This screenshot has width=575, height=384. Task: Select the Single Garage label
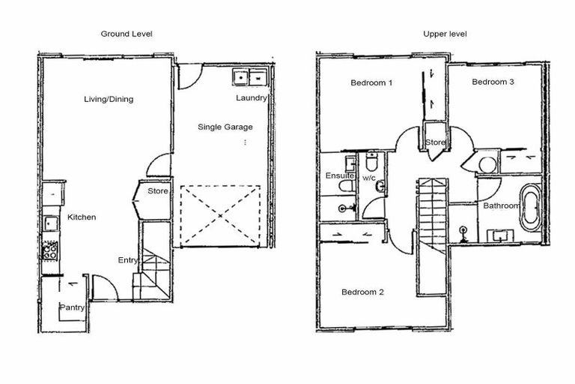pyautogui.click(x=225, y=127)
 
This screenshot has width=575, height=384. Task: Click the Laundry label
pyautogui.click(x=251, y=98)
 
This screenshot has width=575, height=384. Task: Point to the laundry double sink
pyautogui.click(x=250, y=76)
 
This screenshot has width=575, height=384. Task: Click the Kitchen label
pyautogui.click(x=82, y=217)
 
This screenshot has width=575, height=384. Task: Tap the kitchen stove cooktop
pyautogui.click(x=51, y=250)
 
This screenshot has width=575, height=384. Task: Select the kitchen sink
pyautogui.click(x=50, y=223)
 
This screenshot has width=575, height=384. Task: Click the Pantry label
pyautogui.click(x=72, y=307)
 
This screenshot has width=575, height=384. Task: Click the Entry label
pyautogui.click(x=127, y=260)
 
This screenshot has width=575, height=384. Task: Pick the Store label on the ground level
pyautogui.click(x=157, y=191)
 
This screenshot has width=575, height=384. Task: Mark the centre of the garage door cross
pyautogui.click(x=220, y=215)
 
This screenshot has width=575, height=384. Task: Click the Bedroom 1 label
pyautogui.click(x=371, y=82)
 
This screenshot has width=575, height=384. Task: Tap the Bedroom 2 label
pyautogui.click(x=362, y=292)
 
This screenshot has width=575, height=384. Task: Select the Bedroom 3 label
pyautogui.click(x=493, y=82)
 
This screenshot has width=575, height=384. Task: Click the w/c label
pyautogui.click(x=368, y=178)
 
